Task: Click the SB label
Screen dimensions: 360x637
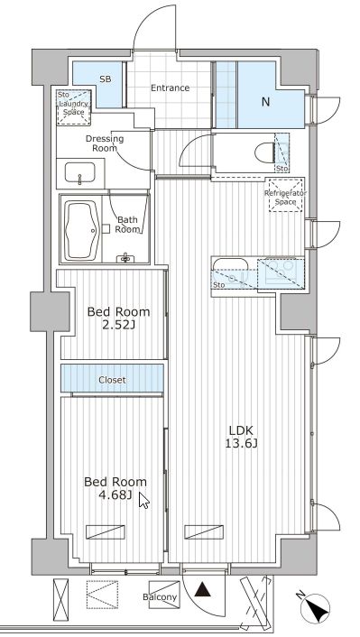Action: coord(106,79)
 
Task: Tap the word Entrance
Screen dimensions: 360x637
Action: coord(171,88)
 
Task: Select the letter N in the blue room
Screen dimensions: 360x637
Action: coord(265,102)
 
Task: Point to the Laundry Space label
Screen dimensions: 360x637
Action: coord(74,108)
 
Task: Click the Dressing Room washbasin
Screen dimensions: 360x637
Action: coord(79,173)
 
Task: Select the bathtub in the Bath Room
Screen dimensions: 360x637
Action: coord(82,230)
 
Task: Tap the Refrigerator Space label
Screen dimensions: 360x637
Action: coord(286,198)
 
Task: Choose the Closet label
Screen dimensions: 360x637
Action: coord(112,380)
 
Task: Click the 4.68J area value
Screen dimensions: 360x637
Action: coord(115,494)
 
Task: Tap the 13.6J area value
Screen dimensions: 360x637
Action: coord(242,443)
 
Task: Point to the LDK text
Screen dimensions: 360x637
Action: coord(241,429)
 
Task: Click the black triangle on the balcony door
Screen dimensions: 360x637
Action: coord(202,590)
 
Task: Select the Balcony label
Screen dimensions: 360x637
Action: coord(160,596)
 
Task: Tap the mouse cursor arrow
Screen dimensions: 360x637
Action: coord(143,500)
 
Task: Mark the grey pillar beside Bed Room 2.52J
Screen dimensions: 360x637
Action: coord(49,311)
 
